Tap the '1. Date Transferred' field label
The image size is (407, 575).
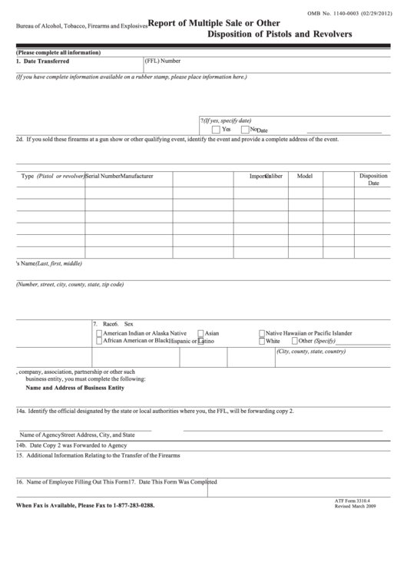[45, 61]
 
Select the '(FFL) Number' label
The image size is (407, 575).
[163, 61]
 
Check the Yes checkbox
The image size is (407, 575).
[216, 129]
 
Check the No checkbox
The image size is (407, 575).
[244, 129]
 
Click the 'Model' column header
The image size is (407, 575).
[305, 176]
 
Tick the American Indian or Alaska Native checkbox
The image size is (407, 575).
[98, 334]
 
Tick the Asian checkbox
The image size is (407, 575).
[200, 334]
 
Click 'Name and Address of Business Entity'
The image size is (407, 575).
[75, 388]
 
